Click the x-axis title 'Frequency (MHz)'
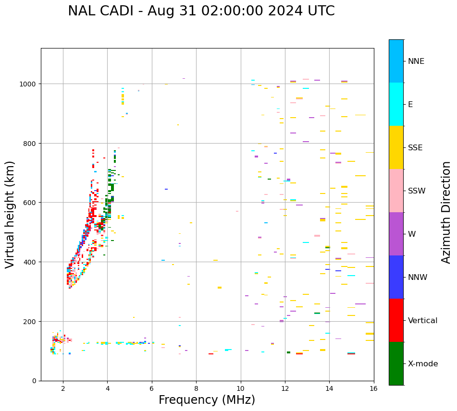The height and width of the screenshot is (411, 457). [207, 400]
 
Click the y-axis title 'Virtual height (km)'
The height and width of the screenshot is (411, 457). [10, 214]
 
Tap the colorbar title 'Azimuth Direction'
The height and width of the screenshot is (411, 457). [446, 212]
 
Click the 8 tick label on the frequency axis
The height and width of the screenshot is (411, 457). [196, 389]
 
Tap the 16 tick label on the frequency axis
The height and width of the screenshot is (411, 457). [374, 389]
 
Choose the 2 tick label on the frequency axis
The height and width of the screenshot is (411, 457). [63, 389]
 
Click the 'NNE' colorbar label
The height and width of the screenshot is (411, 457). [416, 61]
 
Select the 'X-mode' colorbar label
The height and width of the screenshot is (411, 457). [423, 363]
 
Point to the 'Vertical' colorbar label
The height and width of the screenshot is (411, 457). [423, 320]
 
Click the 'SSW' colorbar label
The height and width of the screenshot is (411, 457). [417, 191]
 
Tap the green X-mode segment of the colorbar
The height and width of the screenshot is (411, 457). [396, 363]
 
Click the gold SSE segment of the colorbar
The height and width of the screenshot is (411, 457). [396, 147]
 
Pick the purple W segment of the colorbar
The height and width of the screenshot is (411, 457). [396, 234]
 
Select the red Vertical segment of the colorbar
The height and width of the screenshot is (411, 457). [396, 320]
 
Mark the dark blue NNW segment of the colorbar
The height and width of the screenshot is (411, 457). [396, 277]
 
